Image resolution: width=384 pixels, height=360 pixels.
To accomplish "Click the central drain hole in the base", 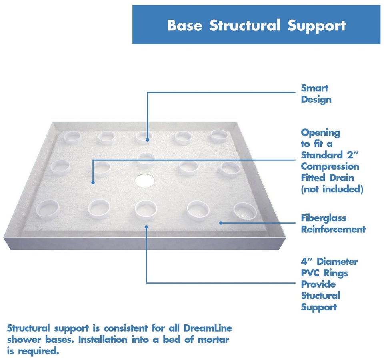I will (x=144, y=181).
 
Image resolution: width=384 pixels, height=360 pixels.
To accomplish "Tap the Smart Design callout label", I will (x=316, y=94).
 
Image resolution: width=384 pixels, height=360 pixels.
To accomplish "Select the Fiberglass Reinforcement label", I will (x=333, y=224).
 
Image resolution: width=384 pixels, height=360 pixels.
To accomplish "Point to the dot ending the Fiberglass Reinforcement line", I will (x=220, y=222).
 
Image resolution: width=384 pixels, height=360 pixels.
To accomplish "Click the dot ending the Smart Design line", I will (x=148, y=140).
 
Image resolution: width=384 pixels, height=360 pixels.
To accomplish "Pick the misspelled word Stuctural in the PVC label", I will (x=320, y=296).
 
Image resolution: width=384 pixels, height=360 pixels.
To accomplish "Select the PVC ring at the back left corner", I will (x=73, y=138).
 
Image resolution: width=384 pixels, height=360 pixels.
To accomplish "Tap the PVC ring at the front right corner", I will (x=244, y=211).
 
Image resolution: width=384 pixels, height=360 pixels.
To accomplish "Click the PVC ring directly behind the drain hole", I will (x=146, y=159).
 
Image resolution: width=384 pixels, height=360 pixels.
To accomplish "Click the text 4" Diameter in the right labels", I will (x=329, y=262).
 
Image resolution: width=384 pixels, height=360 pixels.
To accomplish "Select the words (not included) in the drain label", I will (x=332, y=189).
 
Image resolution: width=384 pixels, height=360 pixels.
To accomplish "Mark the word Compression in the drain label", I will (x=330, y=166).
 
